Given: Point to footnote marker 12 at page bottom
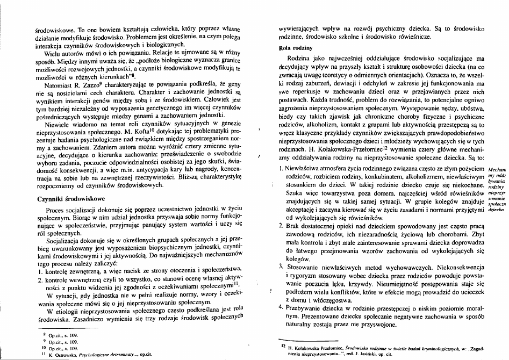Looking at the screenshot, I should tap(282, 346).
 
